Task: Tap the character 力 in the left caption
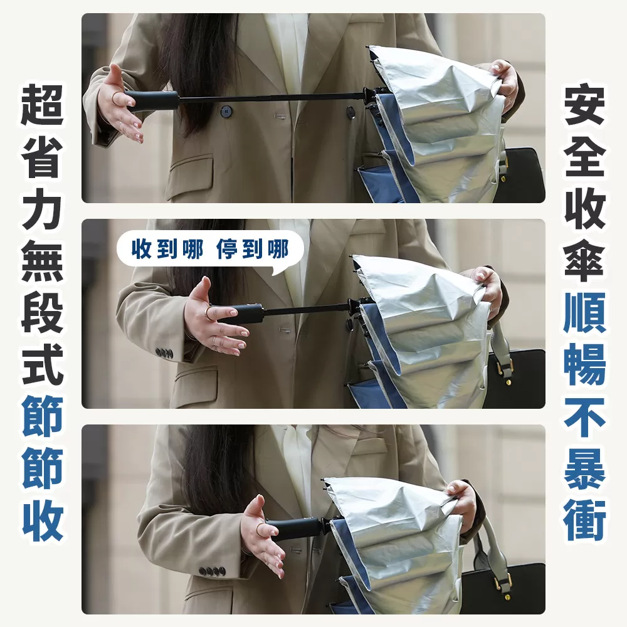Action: coord(43,211)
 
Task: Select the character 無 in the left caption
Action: coord(43,262)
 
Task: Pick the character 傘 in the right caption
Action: coord(584,262)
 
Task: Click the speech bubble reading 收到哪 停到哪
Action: coord(210,250)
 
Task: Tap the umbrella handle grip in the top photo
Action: coord(152,100)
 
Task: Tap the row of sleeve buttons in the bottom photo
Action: coord(212,571)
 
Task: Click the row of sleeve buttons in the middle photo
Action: coord(164,354)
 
